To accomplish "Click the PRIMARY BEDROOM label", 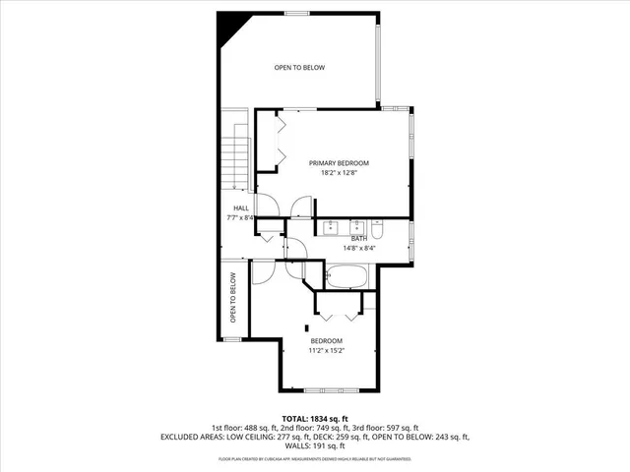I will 339,162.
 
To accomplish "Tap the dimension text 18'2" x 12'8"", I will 339,173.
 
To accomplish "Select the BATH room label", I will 360,237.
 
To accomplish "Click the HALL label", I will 240,207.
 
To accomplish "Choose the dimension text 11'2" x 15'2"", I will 326,350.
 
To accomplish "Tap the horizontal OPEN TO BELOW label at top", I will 298,67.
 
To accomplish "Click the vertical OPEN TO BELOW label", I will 233,298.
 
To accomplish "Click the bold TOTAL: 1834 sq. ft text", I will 314,417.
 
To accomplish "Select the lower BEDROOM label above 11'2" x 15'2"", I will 326,340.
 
